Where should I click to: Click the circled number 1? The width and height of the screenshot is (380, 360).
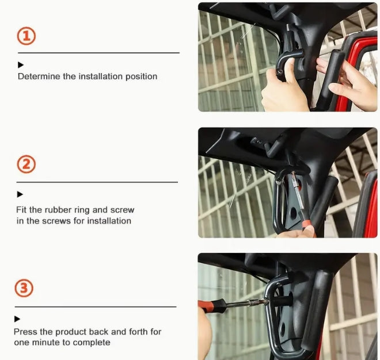pyautogui.click(x=26, y=36)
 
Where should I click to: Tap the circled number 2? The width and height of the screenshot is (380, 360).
pyautogui.click(x=26, y=164)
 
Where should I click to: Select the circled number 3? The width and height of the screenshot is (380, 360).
pyautogui.click(x=24, y=288)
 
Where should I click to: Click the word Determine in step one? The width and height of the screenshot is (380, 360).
pyautogui.click(x=39, y=76)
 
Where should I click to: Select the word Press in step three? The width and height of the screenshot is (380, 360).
pyautogui.click(x=25, y=332)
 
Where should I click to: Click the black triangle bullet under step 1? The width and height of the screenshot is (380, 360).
pyautogui.click(x=21, y=65)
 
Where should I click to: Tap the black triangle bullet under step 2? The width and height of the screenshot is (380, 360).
pyautogui.click(x=20, y=194)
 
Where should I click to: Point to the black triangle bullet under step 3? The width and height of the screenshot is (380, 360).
pyautogui.click(x=17, y=319)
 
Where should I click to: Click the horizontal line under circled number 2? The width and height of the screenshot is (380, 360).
pyautogui.click(x=97, y=182)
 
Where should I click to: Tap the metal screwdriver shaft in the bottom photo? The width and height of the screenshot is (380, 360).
pyautogui.click(x=246, y=303)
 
